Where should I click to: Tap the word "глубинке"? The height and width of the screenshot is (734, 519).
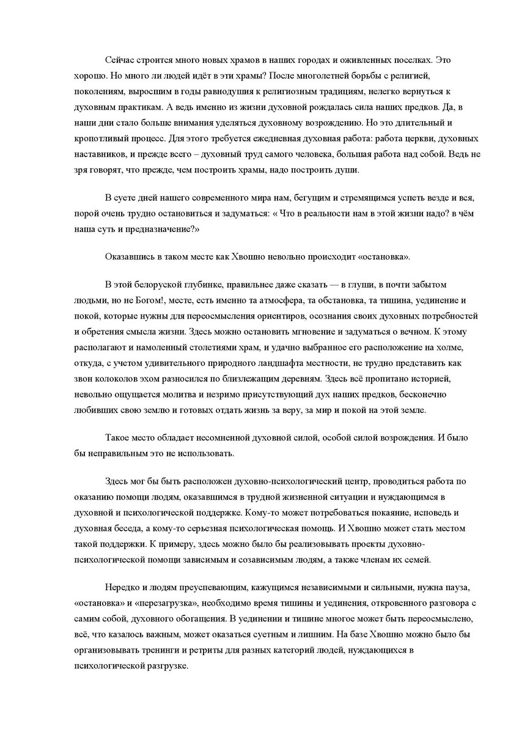pyautogui.click(x=204, y=286)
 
